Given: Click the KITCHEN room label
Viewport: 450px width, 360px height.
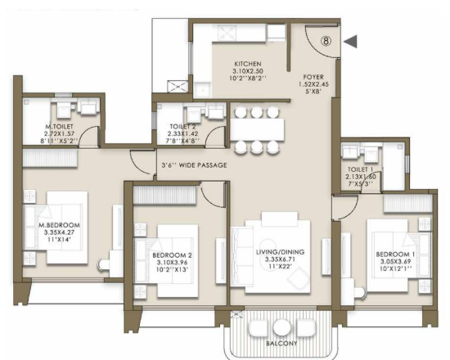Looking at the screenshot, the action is [248, 64].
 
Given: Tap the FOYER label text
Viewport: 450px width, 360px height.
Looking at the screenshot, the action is [313, 77].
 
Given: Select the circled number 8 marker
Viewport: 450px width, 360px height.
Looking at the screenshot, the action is [326, 41].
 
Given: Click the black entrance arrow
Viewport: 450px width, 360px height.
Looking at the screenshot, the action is [350, 42].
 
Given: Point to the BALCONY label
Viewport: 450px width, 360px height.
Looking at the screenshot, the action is [281, 344].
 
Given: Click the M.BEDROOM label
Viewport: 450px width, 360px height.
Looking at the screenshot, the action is [59, 225].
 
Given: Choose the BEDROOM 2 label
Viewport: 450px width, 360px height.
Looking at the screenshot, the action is [172, 255].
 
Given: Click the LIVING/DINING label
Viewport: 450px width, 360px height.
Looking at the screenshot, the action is [280, 252].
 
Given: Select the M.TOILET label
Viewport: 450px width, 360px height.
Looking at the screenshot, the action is [59, 126].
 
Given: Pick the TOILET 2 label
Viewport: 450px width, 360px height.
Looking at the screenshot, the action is [182, 126].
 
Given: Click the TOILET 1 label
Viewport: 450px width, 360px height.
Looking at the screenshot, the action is [361, 169].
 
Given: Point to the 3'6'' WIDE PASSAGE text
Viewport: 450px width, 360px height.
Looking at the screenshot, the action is [194, 165].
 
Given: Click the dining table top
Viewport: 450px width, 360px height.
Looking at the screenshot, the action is [258, 129].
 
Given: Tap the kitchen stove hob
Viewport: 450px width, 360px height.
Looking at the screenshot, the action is [227, 33].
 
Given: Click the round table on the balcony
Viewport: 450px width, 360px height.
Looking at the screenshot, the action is [281, 327].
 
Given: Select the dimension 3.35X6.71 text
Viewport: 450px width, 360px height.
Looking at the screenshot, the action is [280, 259].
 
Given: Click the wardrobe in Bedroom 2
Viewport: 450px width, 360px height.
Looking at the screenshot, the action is [164, 195].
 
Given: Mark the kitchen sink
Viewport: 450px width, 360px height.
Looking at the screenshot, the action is [203, 90].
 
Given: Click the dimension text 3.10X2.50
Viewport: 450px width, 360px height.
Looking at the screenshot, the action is [248, 71].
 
